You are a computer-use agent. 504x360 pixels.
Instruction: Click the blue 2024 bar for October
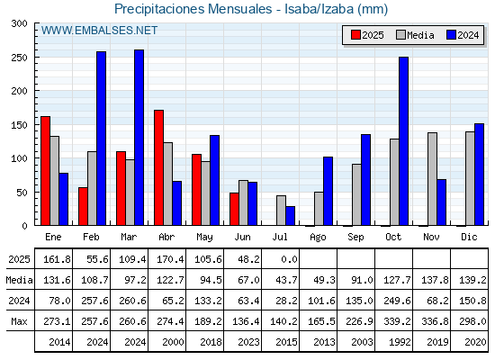(x=404, y=140)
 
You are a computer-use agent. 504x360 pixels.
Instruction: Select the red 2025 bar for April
(x=158, y=167)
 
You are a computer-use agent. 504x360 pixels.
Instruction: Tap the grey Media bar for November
(x=432, y=179)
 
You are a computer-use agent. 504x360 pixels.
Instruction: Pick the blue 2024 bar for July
(x=290, y=216)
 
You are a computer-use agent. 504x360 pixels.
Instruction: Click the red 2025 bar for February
(x=83, y=206)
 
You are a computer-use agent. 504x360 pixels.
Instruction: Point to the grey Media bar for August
(x=319, y=209)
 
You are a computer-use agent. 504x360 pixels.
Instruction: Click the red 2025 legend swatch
(x=355, y=35)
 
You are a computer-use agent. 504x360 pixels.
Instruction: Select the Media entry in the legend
(x=415, y=35)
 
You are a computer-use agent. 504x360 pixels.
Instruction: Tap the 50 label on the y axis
(x=22, y=193)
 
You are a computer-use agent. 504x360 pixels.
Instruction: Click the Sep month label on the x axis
(x=355, y=238)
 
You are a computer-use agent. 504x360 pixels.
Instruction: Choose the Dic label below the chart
(x=469, y=237)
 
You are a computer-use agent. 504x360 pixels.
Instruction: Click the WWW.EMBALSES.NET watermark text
(x=99, y=31)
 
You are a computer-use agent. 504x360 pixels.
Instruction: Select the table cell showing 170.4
(x=170, y=259)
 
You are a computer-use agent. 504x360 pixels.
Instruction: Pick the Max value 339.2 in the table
(x=397, y=321)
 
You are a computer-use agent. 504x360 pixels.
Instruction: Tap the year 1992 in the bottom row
(x=400, y=342)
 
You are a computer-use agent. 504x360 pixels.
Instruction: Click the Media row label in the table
(x=19, y=280)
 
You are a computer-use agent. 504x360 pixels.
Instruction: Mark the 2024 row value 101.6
(x=322, y=301)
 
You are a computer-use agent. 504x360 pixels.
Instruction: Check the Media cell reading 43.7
(x=287, y=280)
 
